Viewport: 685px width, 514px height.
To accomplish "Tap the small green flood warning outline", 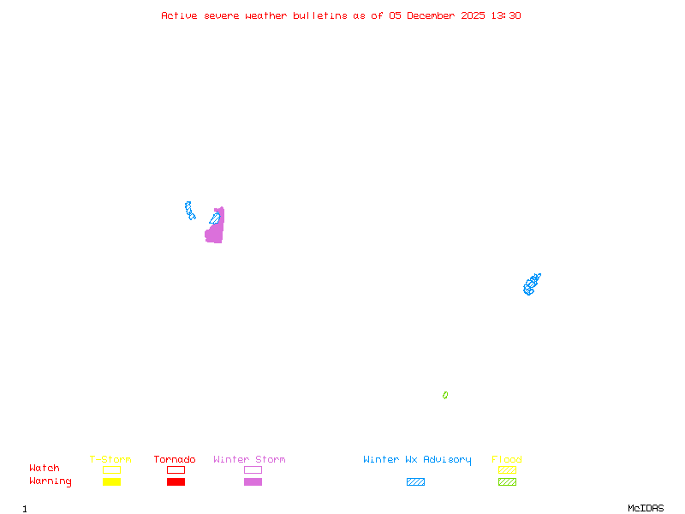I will point(445,395).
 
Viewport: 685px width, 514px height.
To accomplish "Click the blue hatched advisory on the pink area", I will point(214,218).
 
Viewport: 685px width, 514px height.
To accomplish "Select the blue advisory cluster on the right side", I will point(532,284).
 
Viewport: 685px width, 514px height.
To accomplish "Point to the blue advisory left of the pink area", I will point(189,210).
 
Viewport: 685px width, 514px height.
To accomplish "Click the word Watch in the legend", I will point(45,469).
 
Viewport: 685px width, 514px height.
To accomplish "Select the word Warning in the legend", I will point(51,481).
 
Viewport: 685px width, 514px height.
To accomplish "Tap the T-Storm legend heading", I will point(110,460).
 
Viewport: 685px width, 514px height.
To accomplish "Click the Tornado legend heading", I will point(175,460).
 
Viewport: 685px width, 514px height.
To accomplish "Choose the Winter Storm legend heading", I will point(249,460).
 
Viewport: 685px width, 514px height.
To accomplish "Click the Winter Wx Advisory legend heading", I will point(417,460).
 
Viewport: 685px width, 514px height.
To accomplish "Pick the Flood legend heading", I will point(507,460).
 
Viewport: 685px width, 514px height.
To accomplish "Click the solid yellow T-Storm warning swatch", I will point(111,481).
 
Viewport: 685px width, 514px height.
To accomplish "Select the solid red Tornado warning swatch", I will point(176,481).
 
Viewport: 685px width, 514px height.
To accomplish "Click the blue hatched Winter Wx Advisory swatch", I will point(415,481).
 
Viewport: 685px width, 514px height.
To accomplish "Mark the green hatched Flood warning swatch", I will point(507,481).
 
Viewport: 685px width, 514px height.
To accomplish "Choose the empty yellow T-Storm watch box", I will point(111,469).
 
